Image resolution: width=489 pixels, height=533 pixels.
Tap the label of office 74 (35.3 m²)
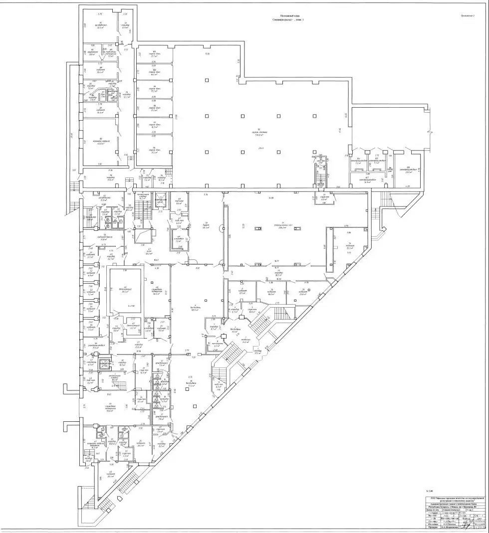(x=349, y=246)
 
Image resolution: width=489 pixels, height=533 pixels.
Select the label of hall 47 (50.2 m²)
(x=148, y=252)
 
